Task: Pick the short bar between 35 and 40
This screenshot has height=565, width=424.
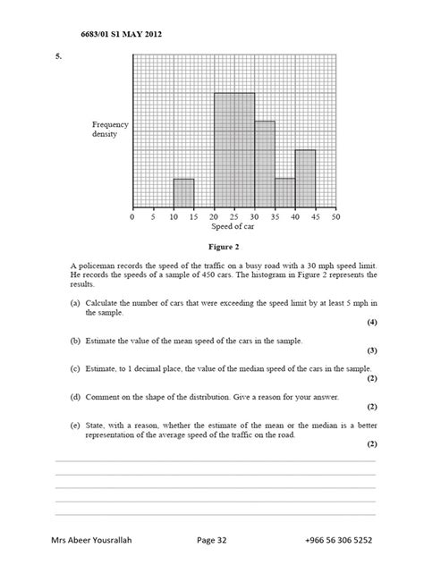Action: [x=285, y=192]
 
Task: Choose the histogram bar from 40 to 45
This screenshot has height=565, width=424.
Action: [x=306, y=179]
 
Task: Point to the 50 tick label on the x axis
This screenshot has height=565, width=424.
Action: [x=335, y=216]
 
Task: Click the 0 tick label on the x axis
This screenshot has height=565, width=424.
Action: [x=132, y=216]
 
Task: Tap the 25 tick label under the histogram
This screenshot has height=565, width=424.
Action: [x=234, y=216]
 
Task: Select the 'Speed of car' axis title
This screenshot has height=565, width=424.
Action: [x=234, y=226]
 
